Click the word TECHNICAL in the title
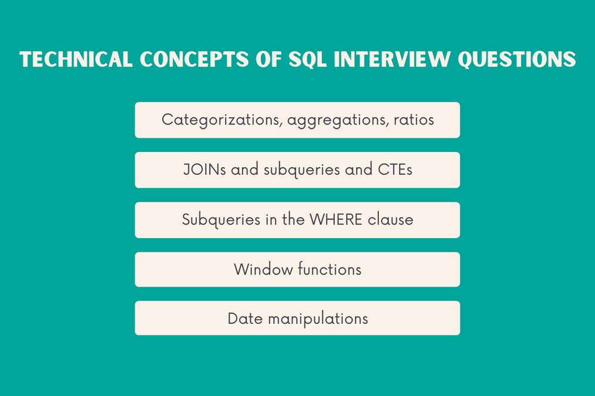click(75, 60)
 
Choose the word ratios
click(414, 120)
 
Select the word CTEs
click(395, 170)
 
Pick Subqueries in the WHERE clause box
click(213, 220)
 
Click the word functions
click(330, 269)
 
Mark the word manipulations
click(318, 319)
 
